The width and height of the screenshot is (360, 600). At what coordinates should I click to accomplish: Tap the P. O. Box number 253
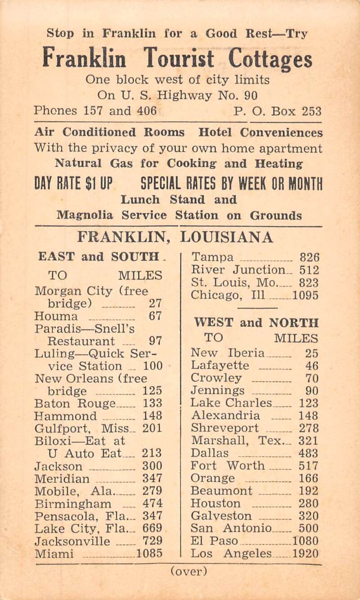(x=311, y=111)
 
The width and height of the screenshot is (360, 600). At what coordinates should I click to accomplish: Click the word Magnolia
(x=84, y=215)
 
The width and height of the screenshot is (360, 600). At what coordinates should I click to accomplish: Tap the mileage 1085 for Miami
(x=149, y=552)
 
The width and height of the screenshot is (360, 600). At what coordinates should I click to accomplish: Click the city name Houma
(x=55, y=316)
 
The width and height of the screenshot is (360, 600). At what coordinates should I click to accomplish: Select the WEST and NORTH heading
(x=256, y=323)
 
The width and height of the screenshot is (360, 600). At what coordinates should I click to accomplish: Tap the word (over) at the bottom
(x=189, y=572)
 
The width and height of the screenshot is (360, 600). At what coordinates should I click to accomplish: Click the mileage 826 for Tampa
(x=310, y=258)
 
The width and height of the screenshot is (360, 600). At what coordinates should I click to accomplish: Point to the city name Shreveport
(x=225, y=428)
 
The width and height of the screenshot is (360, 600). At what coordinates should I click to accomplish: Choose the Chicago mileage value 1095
(x=306, y=296)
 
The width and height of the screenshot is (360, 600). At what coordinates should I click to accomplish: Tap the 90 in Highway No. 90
(x=253, y=95)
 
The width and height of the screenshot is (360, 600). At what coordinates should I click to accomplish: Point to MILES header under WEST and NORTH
(x=296, y=338)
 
